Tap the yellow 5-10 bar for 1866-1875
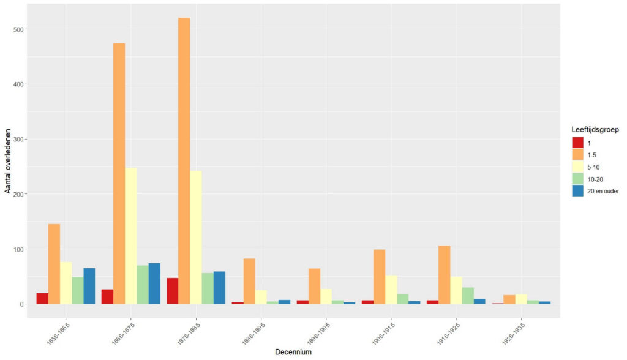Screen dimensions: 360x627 130,236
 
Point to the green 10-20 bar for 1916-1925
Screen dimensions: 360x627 468,296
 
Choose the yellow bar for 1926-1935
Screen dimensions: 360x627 521,299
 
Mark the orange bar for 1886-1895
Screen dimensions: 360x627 249,281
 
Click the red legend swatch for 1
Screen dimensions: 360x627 577,142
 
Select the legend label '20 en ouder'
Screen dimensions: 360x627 602,191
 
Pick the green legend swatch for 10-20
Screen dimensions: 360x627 577,179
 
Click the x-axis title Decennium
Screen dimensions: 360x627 292,352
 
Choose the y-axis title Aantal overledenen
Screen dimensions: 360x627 8,161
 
